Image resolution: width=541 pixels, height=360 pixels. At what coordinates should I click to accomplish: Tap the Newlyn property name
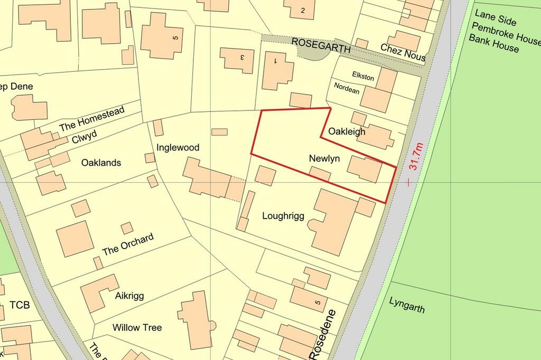[324, 158]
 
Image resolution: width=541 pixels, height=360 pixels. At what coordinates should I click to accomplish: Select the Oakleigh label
[347, 131]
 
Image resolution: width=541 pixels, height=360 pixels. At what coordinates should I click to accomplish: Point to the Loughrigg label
[283, 215]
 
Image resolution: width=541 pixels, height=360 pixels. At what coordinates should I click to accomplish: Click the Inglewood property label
[178, 147]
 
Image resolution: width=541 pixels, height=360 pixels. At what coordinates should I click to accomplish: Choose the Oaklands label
[101, 163]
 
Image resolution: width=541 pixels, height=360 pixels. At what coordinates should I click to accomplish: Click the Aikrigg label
[129, 296]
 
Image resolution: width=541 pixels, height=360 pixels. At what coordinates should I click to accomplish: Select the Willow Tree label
[137, 327]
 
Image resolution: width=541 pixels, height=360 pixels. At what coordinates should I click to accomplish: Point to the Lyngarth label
[407, 305]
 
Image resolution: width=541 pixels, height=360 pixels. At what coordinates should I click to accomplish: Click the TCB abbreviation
[20, 305]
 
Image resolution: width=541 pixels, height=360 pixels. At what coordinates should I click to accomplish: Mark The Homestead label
[92, 119]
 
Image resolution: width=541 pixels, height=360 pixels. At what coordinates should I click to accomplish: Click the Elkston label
[362, 78]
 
